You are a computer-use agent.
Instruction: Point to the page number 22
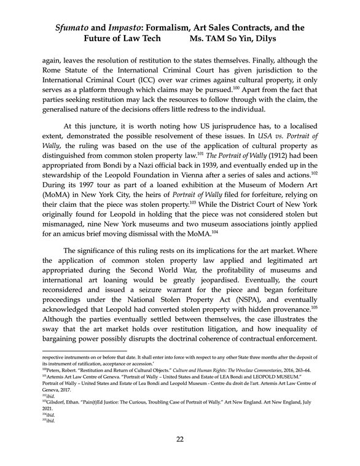point(180,438)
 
